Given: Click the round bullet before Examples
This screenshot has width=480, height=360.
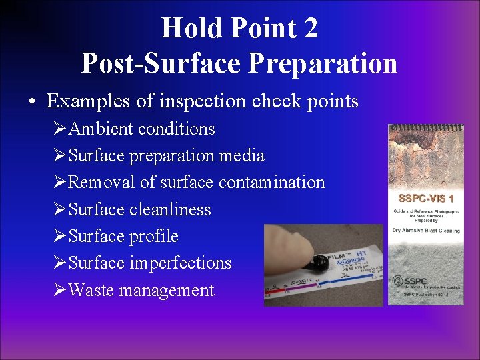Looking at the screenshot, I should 33,102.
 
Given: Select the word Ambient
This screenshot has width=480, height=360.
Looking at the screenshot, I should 99,129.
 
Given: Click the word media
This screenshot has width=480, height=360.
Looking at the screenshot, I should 244,156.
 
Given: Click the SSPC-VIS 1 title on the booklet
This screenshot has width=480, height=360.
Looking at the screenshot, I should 426,198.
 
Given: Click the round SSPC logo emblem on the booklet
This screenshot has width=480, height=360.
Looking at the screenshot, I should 400,281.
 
